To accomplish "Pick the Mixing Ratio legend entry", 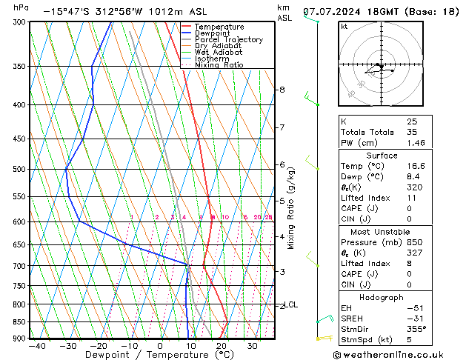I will (x=219, y=65).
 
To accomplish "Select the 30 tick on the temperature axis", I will (x=253, y=346).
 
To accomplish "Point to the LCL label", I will (x=291, y=304).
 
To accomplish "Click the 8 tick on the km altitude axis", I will (x=282, y=90).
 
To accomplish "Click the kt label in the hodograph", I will (x=344, y=26).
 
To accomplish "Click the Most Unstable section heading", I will (x=381, y=232).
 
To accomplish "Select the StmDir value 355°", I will (x=416, y=328).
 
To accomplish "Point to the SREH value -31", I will (x=413, y=318).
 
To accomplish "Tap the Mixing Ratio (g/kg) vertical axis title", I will (x=291, y=208).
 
